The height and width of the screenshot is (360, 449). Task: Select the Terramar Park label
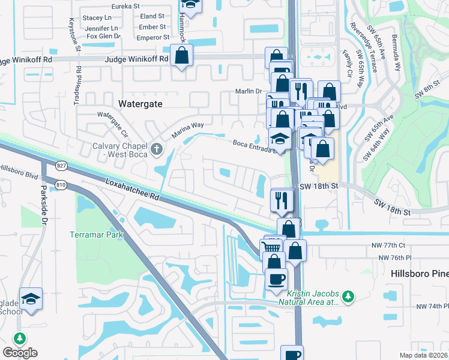96,234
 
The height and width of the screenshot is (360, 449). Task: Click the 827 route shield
45,164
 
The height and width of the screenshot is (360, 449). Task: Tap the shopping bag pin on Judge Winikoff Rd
181,57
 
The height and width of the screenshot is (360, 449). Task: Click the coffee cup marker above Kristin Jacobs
276,279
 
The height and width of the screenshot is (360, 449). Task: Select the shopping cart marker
272,247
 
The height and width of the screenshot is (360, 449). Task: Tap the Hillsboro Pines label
419,273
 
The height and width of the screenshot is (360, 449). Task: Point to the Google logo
20,353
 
